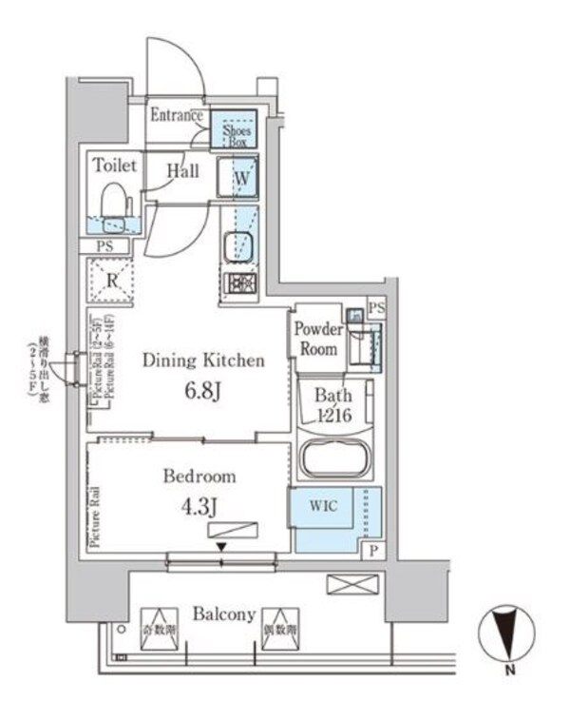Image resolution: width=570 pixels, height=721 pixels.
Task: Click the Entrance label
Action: [178, 116]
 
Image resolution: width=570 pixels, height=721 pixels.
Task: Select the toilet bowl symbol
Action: [115, 208]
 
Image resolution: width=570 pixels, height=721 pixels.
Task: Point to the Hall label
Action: [182, 171]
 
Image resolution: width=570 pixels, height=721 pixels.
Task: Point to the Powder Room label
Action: [317, 340]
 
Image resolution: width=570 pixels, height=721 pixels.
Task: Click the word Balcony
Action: [223, 614]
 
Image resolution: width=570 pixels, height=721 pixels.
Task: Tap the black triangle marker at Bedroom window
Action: [221, 546]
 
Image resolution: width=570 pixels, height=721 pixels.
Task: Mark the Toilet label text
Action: [115, 166]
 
